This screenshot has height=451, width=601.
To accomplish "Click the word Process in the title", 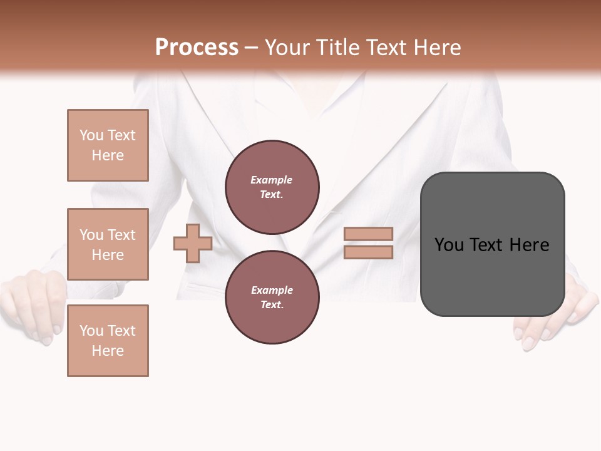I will click(x=197, y=48).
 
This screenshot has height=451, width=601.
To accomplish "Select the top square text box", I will click(x=108, y=145).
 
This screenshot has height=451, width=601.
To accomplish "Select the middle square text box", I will click(x=108, y=244).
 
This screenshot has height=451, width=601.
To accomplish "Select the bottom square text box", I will click(x=108, y=341).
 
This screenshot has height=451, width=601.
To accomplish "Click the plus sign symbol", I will click(x=193, y=243).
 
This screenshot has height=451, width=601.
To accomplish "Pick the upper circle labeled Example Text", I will click(x=272, y=187).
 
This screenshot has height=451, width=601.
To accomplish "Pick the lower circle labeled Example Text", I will click(x=272, y=298).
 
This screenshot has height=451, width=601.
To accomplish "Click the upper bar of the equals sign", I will click(x=368, y=234).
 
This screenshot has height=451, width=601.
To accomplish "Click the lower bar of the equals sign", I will click(x=368, y=252).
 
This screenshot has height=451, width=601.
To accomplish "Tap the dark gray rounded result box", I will click(x=492, y=276).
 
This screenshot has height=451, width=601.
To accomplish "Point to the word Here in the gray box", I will click(x=529, y=245).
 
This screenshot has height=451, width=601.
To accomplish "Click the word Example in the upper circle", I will click(x=271, y=180).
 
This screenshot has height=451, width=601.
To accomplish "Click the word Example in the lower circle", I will click(x=272, y=291).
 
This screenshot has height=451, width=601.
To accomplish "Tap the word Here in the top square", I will click(x=108, y=155).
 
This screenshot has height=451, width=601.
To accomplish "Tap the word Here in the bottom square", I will click(x=108, y=351).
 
